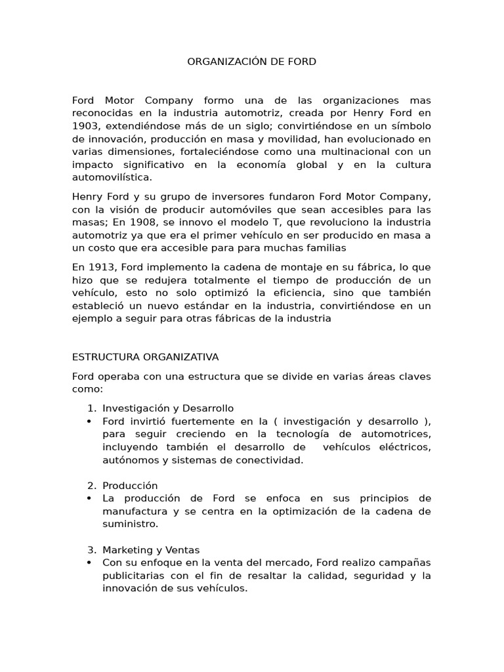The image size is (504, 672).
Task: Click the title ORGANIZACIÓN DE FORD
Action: click(252, 62)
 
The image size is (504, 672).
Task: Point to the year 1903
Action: click(85, 125)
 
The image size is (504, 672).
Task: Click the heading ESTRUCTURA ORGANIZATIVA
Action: click(145, 357)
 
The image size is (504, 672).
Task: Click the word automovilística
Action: click(112, 177)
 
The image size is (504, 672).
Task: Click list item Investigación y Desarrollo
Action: click(168, 408)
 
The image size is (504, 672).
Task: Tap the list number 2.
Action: click(91, 486)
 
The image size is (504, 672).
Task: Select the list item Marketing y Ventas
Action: click(151, 550)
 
